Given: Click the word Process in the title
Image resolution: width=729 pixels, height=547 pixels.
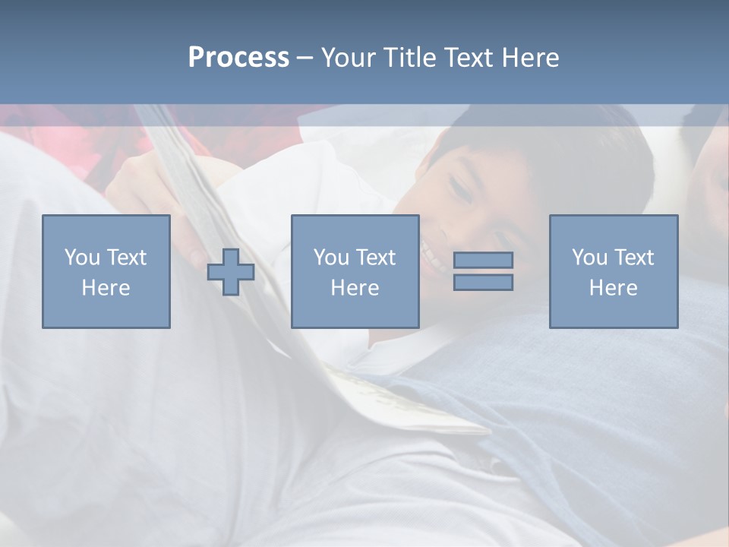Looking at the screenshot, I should [x=238, y=58].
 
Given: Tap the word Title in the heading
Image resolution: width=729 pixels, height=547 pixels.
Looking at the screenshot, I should [x=409, y=58].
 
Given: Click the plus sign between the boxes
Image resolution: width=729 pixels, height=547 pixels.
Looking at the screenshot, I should [x=231, y=272].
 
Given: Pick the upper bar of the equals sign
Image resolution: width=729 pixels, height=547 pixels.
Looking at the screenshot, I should [x=483, y=260].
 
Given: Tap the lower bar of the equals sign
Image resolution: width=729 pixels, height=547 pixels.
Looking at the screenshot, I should [x=483, y=282].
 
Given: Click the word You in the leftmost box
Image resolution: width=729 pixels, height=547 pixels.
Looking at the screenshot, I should [x=82, y=258].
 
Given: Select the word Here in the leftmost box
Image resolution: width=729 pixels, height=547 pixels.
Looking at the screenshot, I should [x=106, y=288].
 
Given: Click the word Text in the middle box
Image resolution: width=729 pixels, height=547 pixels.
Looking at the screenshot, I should [x=375, y=258].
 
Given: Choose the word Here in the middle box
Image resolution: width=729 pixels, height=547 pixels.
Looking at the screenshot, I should [x=355, y=288].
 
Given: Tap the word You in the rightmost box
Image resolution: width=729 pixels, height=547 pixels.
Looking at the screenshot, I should [x=590, y=258].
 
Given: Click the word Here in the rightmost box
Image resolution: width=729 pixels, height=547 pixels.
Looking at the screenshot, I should [x=613, y=288].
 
